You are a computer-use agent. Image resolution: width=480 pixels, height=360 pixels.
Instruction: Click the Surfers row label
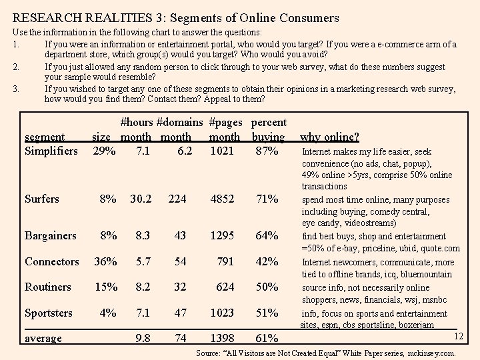pyautogui.click(x=41, y=199)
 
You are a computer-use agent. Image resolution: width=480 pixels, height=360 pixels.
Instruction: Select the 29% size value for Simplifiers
pyautogui.click(x=104, y=151)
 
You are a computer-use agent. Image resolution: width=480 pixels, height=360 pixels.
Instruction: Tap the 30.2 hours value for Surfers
pyautogui.click(x=142, y=199)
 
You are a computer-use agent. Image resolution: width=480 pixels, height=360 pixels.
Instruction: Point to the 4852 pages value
pyautogui.click(x=222, y=199)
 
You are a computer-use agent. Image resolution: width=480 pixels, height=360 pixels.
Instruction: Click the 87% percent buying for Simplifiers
pyautogui.click(x=267, y=151)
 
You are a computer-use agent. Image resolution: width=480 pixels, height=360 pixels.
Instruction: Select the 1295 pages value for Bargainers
pyautogui.click(x=222, y=235)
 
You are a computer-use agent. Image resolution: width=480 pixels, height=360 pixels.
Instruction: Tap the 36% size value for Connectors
pyautogui.click(x=104, y=261)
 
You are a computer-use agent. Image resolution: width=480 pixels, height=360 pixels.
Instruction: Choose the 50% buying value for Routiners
pyautogui.click(x=267, y=287)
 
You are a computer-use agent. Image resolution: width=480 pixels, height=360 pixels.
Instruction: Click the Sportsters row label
pyautogui.click(x=48, y=313)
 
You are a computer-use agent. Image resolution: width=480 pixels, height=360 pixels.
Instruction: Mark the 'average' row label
pyautogui.click(x=43, y=338)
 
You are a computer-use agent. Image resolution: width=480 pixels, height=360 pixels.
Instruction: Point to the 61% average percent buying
pyautogui.click(x=267, y=338)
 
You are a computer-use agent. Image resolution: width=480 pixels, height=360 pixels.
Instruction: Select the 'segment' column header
pyautogui.click(x=44, y=137)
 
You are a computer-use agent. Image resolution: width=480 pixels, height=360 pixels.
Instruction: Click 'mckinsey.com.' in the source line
pyautogui.click(x=431, y=352)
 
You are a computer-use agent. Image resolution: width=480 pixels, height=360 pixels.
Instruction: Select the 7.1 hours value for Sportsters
pyautogui.click(x=142, y=313)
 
